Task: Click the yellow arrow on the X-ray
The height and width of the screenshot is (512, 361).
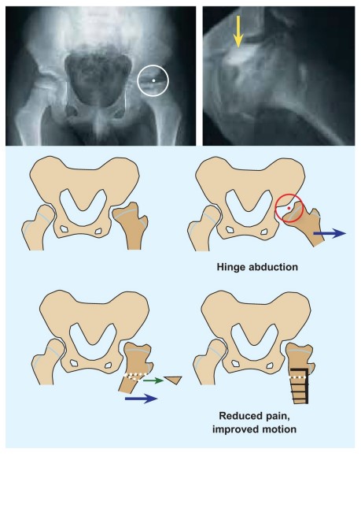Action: click(238, 31)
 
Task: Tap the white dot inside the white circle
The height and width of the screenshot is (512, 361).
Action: click(153, 80)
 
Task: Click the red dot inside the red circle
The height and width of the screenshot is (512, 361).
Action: click(289, 208)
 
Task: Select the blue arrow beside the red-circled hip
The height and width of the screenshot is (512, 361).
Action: click(330, 233)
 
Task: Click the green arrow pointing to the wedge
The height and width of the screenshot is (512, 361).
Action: click(153, 380)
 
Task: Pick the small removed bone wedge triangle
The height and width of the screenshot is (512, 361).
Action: click(174, 380)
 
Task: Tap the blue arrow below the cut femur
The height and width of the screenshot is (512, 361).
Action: click(142, 399)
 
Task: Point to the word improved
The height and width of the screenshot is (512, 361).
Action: click(233, 429)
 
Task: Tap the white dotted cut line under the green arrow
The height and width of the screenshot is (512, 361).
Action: click(137, 377)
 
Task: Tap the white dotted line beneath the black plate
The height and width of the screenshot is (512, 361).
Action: click(298, 377)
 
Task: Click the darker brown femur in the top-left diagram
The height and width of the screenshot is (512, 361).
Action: click(131, 225)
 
